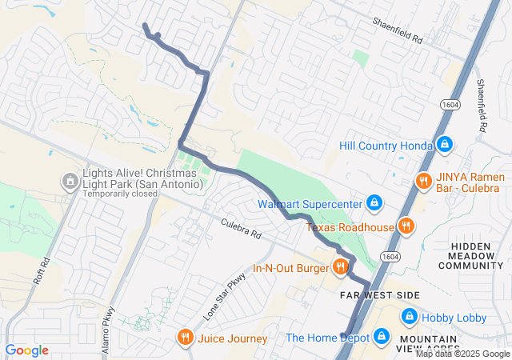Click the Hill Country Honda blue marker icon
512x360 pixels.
446,145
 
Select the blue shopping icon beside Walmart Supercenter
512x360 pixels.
373,203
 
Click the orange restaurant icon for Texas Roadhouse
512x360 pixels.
406,226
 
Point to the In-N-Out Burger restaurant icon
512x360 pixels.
340,267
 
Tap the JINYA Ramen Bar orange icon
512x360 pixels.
422,181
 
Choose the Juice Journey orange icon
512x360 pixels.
186,338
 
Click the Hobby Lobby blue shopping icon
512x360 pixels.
407,318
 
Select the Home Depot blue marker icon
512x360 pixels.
381,337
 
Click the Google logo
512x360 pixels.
27,350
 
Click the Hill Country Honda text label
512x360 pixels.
385,146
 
